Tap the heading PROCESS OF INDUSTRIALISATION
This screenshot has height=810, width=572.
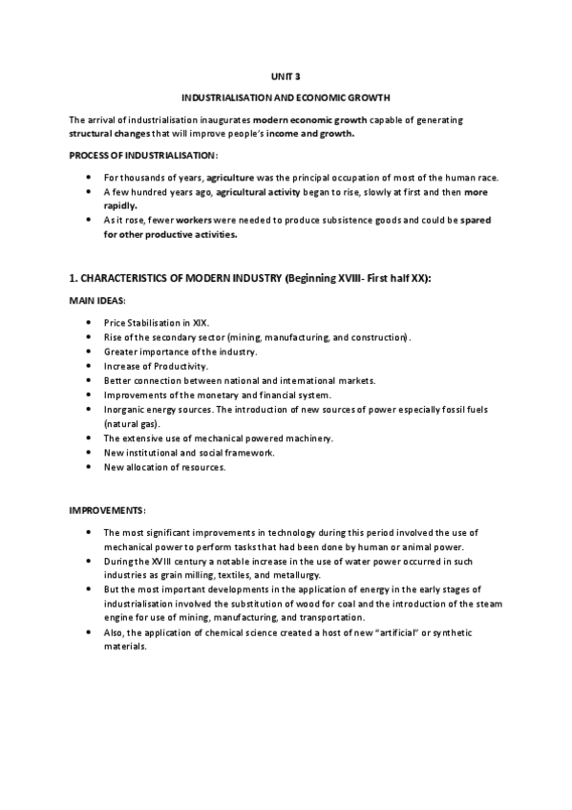click(143, 155)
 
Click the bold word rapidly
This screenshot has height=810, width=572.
click(119, 204)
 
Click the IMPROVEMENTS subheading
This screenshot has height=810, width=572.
click(106, 508)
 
